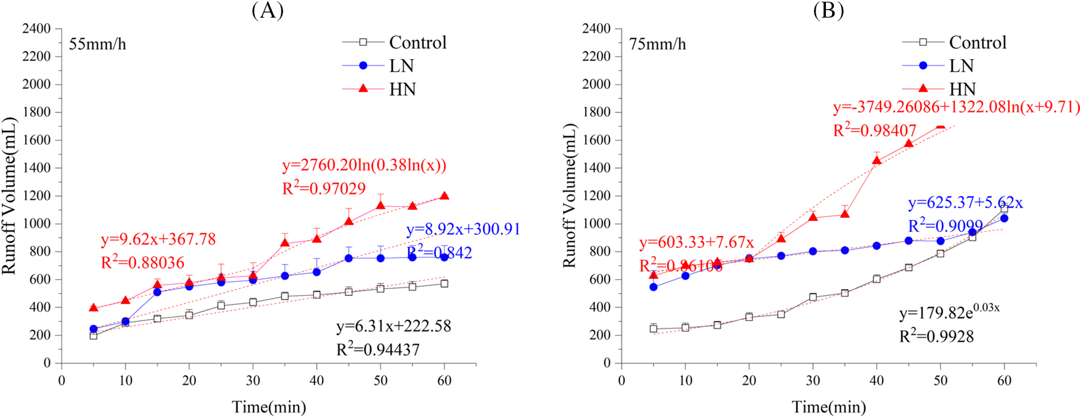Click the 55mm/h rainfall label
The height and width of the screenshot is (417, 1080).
[x=97, y=44]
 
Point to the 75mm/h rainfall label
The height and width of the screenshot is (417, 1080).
[x=657, y=44]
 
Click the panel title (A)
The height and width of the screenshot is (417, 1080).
[x=267, y=10]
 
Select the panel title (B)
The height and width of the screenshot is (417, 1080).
[x=828, y=10]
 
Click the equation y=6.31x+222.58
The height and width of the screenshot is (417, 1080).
[x=393, y=326]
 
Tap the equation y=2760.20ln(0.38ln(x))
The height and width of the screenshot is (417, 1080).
[x=364, y=165]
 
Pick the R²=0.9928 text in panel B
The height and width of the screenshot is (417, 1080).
[x=936, y=336]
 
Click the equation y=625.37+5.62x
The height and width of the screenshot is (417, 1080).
[x=965, y=203]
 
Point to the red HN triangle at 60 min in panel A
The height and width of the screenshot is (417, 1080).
[x=445, y=196]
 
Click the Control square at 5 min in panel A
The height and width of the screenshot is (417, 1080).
[x=94, y=336]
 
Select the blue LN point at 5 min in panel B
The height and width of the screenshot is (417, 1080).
[x=654, y=287]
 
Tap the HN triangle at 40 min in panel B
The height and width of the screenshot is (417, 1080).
[x=877, y=160]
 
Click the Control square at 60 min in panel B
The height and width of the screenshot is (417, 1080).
[x=1004, y=209]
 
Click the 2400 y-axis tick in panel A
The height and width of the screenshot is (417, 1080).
[x=36, y=28]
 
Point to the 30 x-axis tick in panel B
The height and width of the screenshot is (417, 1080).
[x=813, y=381]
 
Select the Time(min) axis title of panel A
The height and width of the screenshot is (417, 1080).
[x=269, y=407]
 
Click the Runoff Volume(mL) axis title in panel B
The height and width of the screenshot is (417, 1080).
[x=569, y=195]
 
